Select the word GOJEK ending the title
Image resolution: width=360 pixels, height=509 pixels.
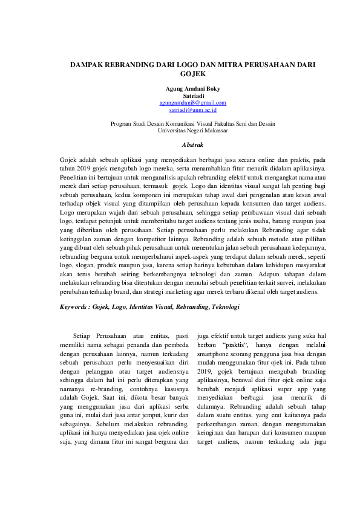click(x=180, y=73)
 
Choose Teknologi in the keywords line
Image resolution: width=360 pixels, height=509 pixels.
click(x=224, y=307)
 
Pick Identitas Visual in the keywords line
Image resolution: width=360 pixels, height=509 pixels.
click(x=150, y=307)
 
